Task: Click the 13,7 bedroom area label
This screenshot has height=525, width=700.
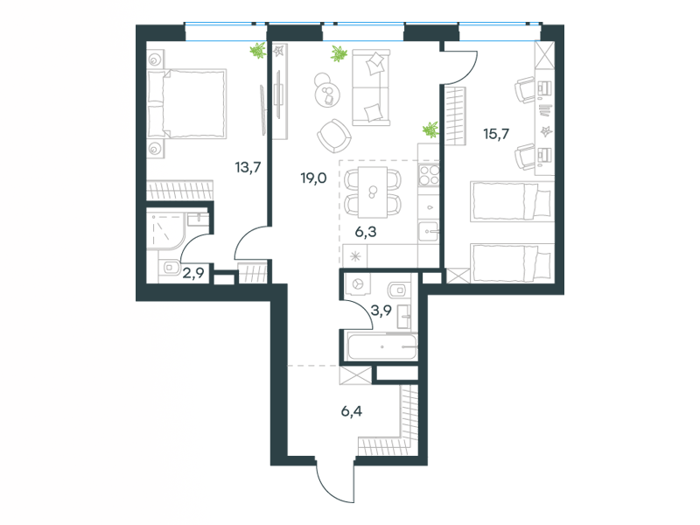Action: (248, 168)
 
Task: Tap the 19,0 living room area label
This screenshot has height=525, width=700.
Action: (313, 178)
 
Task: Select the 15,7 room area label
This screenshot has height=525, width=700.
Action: (496, 134)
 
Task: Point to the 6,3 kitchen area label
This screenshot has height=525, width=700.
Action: (365, 232)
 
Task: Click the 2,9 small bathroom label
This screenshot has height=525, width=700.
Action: (193, 272)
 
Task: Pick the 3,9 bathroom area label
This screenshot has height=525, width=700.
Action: (381, 310)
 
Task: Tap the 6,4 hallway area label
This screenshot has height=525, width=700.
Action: (352, 411)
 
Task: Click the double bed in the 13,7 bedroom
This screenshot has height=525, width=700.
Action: (186, 103)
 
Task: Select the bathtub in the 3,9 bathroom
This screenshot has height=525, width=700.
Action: (382, 346)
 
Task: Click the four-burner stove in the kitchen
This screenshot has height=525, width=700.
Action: (429, 174)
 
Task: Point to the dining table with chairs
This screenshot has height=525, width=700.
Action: (373, 192)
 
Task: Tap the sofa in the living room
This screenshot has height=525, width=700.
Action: (371, 87)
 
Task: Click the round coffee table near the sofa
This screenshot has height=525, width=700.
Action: (327, 94)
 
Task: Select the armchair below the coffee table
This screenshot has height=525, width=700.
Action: (334, 136)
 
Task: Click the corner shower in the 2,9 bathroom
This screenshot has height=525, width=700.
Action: (165, 231)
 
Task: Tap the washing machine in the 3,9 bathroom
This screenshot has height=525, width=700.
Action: (357, 283)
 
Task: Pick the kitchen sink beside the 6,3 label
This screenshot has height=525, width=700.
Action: (429, 232)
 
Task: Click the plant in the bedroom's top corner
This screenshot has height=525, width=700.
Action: (257, 51)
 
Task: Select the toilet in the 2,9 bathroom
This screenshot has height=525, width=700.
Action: (170, 268)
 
